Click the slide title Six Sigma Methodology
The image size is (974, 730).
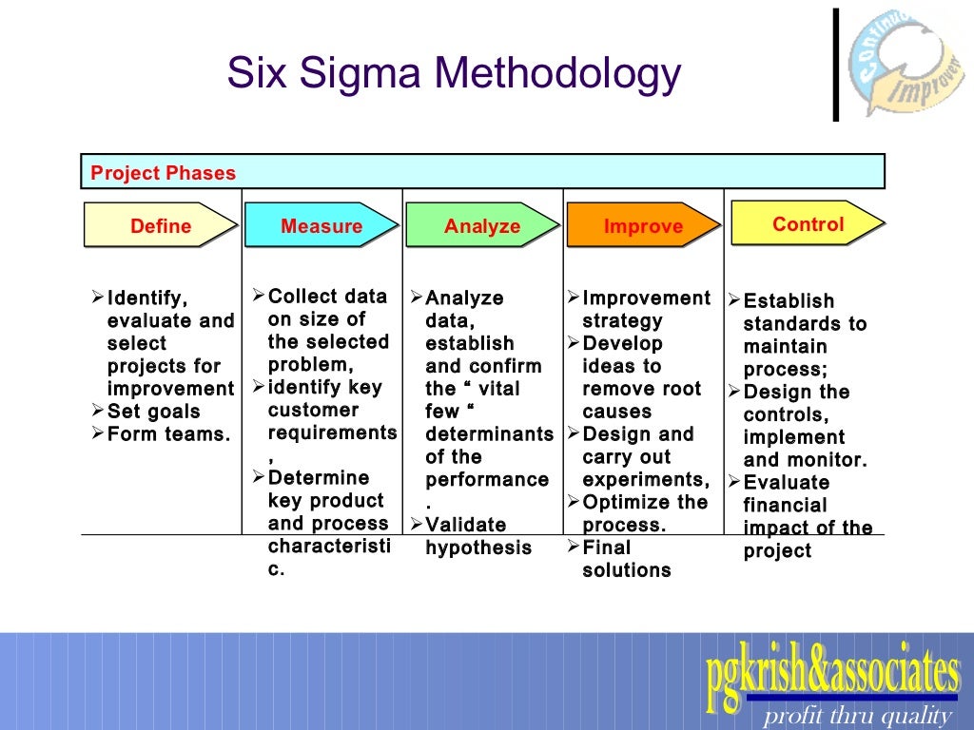click(x=454, y=74)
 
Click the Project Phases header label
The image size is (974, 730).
click(x=163, y=173)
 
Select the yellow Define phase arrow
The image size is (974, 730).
click(x=160, y=226)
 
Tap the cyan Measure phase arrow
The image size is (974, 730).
click(x=321, y=226)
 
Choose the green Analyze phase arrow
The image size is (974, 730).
click(x=481, y=226)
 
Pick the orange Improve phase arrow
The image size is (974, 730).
click(x=642, y=226)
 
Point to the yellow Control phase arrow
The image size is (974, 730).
click(x=807, y=224)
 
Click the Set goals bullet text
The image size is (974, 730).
click(x=153, y=412)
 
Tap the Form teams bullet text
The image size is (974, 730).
click(x=168, y=434)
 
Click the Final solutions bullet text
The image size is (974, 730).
click(x=626, y=559)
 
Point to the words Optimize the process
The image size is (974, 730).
click(x=644, y=513)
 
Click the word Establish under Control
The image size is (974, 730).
click(x=789, y=301)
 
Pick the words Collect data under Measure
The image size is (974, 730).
click(x=327, y=296)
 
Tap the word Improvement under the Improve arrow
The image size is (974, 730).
click(x=646, y=298)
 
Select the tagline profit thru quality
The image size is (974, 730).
click(x=857, y=716)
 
